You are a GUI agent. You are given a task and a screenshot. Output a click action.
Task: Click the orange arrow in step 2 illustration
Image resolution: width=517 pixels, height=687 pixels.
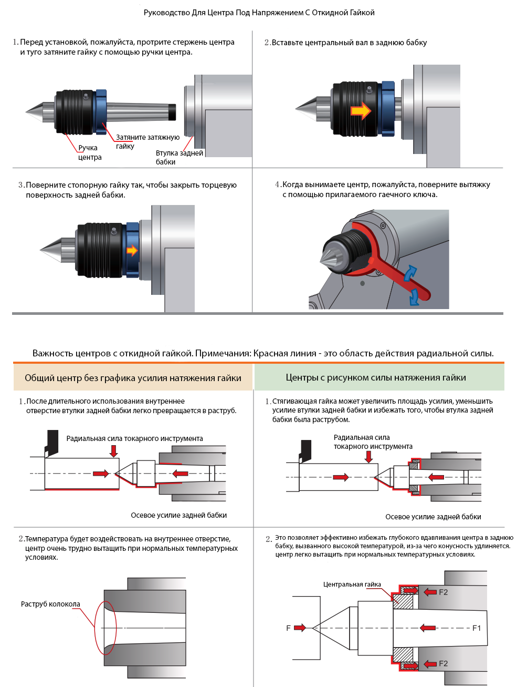[361, 111]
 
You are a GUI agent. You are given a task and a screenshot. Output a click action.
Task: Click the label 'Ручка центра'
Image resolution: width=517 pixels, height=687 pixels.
[89, 152]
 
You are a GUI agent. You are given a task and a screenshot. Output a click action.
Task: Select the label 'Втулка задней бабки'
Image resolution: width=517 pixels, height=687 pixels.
[179, 157]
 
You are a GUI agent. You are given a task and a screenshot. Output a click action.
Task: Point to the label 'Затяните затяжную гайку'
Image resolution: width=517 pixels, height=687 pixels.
[147, 141]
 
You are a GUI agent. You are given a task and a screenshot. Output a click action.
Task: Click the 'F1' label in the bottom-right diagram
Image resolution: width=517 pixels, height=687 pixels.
[477, 628]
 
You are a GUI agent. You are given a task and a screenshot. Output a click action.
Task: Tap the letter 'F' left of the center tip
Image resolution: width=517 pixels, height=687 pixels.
[288, 628]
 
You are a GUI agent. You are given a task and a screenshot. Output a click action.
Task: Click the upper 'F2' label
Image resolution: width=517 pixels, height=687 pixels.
[444, 592]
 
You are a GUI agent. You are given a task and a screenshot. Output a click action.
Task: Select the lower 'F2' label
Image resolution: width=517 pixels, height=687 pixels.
[444, 664]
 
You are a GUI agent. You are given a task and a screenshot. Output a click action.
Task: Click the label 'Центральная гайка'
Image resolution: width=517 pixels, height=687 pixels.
[352, 585]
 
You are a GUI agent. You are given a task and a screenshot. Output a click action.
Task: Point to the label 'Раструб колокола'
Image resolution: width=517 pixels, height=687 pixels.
[50, 604]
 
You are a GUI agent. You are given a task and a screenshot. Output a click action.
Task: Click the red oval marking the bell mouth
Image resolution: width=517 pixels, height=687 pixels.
[105, 628]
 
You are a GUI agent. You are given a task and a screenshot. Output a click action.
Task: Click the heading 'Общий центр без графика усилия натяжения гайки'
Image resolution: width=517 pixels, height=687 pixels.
[133, 378]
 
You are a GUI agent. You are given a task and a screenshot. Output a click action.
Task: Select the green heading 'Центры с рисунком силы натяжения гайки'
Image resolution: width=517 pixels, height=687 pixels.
[376, 377]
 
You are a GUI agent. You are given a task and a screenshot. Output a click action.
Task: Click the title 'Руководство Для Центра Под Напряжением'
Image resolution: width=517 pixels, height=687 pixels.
[259, 13]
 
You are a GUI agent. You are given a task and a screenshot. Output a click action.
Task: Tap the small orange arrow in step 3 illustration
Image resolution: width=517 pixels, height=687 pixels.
[132, 250]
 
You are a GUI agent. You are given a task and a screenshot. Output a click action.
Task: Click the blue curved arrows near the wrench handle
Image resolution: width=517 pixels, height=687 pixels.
[412, 284]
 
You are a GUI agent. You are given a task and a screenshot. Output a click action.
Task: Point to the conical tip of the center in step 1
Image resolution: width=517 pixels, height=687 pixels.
[35, 111]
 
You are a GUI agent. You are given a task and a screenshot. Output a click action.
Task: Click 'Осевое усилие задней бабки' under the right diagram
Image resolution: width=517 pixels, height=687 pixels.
[433, 517]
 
